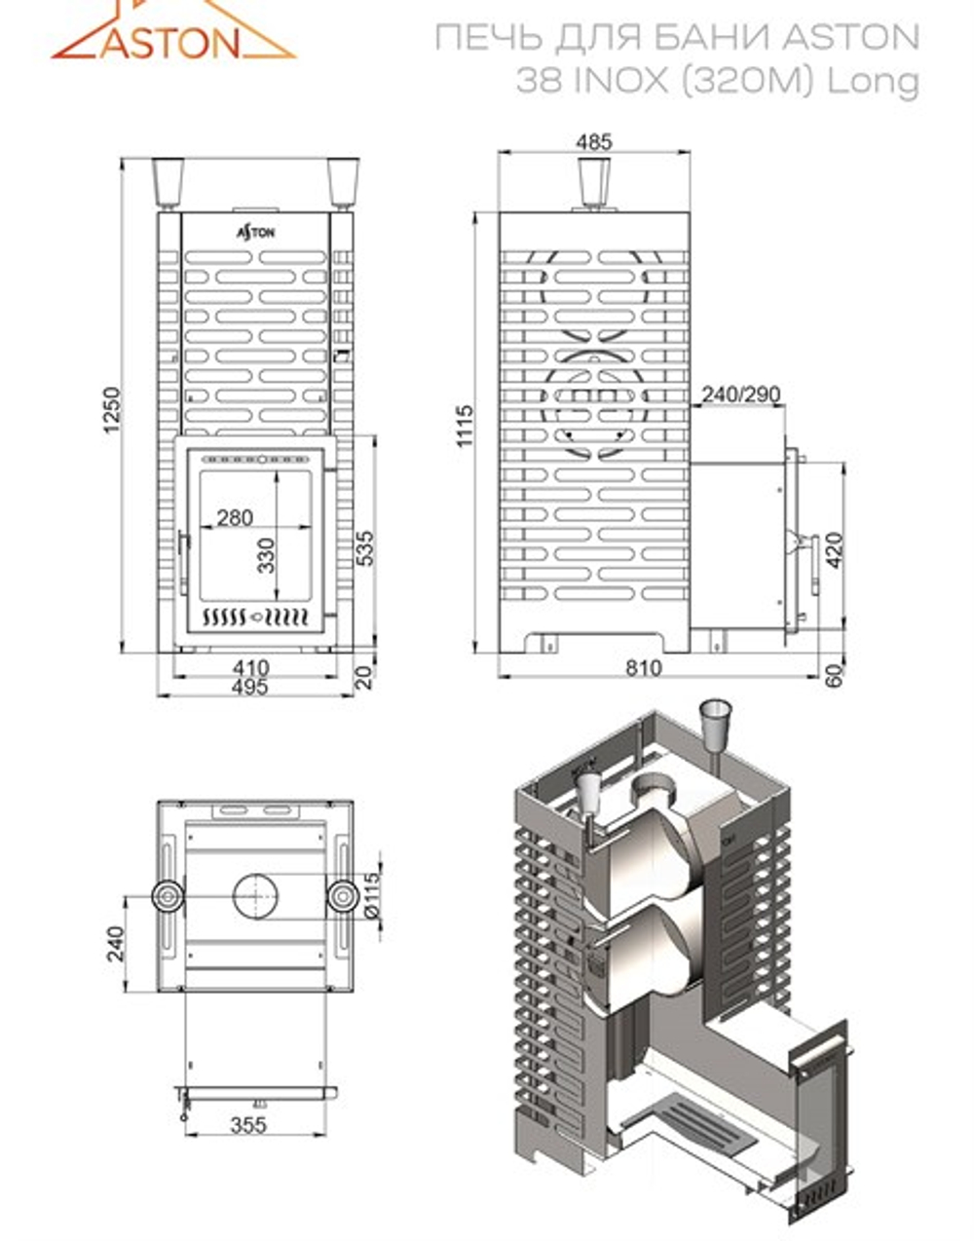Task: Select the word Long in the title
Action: point(874,83)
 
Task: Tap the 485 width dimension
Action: point(594,141)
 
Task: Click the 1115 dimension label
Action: point(465,426)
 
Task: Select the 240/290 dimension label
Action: point(740,394)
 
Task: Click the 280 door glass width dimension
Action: point(235,516)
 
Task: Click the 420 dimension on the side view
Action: point(834,550)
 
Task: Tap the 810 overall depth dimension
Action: point(644,667)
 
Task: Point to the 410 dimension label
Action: point(250,668)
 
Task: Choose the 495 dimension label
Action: point(250,686)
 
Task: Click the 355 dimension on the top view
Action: point(249,1125)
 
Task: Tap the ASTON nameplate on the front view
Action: point(256,232)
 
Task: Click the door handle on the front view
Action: point(181,555)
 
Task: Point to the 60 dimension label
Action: point(834,674)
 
